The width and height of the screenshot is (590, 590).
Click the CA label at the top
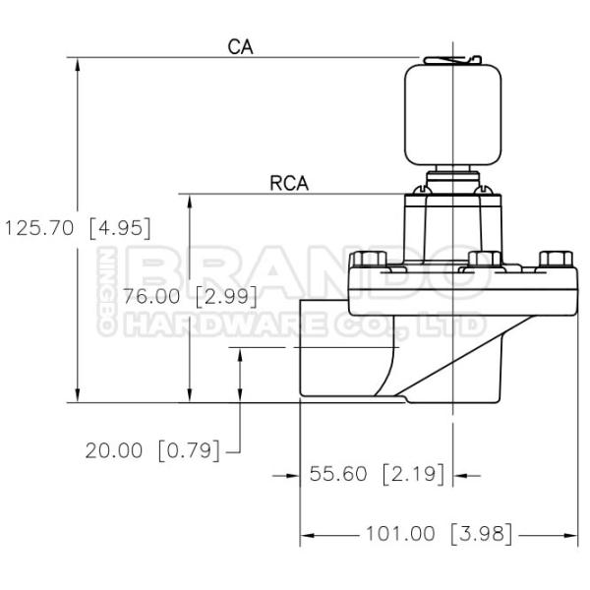click(241, 47)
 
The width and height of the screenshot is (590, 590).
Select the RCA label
click(289, 183)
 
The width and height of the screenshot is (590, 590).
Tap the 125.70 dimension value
click(39, 228)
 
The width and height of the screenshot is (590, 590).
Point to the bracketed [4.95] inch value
click(120, 228)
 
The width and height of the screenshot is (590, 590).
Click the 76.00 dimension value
click(151, 296)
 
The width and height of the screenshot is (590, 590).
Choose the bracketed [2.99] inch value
click(226, 296)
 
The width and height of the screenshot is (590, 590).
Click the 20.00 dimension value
click(114, 450)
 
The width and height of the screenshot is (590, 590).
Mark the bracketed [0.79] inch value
click(189, 450)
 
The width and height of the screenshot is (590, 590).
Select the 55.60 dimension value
click(338, 473)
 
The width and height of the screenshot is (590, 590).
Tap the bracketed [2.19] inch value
click(414, 473)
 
